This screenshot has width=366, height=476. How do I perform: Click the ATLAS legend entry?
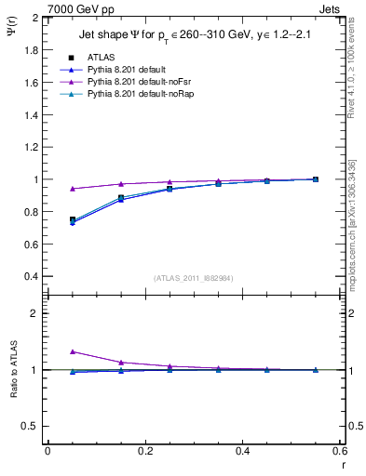tap(97, 58)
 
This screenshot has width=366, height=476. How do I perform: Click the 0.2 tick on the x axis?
tap(144, 451)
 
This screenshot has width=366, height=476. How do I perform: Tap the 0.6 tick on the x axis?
tap(338, 451)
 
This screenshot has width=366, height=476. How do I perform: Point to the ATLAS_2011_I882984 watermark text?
tap(193, 277)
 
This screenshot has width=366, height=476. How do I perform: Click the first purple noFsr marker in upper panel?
tap(73, 189)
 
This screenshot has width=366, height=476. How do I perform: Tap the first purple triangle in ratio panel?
tap(73, 351)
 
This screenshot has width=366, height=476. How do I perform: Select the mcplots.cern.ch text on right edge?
tap(355, 214)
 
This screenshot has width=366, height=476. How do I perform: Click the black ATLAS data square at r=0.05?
tap(73, 220)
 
